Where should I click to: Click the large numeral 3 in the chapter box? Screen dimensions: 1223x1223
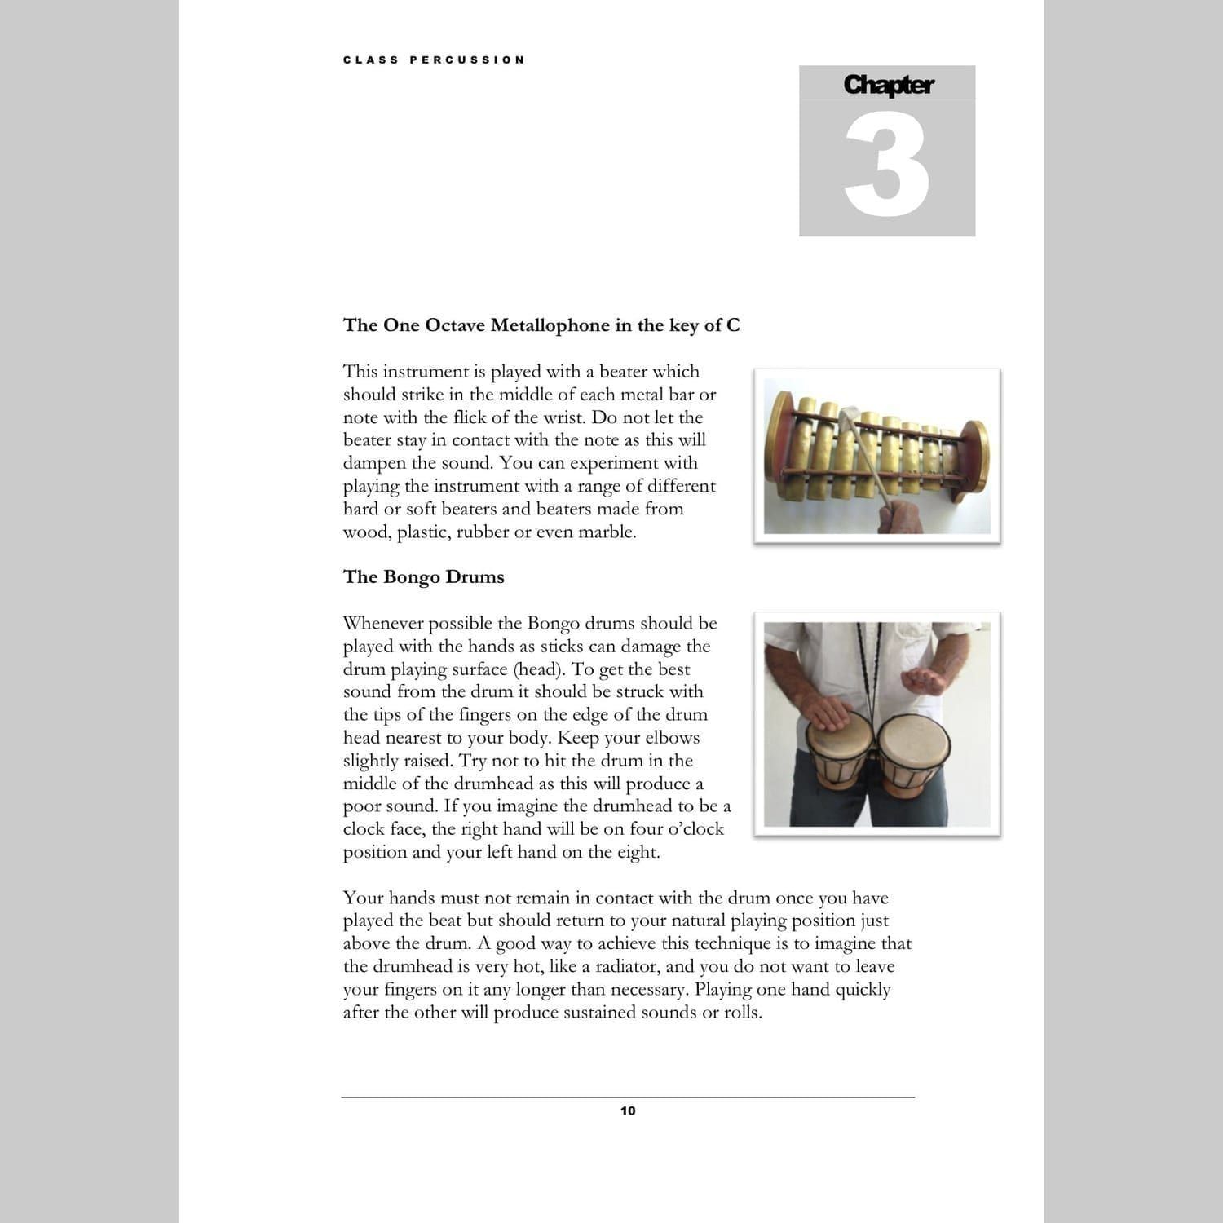coord(887,167)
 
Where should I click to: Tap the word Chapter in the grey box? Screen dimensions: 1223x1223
coord(888,85)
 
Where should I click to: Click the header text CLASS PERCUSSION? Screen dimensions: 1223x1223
coord(434,60)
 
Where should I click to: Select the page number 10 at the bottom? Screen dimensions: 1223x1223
coord(628,1110)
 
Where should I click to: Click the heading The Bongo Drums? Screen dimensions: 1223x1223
coord(423,576)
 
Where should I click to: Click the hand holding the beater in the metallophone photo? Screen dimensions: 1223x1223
coord(900,517)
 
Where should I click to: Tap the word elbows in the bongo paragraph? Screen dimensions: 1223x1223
coord(668,738)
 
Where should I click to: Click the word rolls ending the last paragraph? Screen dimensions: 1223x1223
coord(742,1013)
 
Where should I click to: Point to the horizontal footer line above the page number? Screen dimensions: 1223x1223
coord(628,1097)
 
